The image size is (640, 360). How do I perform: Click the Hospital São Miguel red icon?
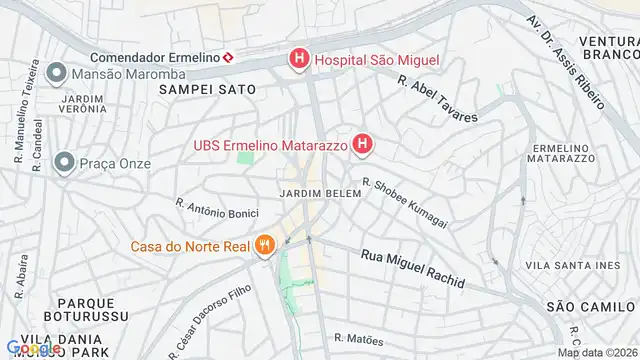(299, 61)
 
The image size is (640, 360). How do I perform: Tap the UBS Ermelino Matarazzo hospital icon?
(362, 146)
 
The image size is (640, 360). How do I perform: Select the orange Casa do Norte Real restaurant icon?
(264, 244)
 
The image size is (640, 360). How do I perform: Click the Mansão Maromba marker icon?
(56, 73)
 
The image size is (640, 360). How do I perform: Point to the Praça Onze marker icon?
(65, 161)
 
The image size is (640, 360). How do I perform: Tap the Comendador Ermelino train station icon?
(229, 57)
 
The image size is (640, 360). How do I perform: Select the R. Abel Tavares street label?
(437, 99)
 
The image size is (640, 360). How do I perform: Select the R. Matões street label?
(359, 339)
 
